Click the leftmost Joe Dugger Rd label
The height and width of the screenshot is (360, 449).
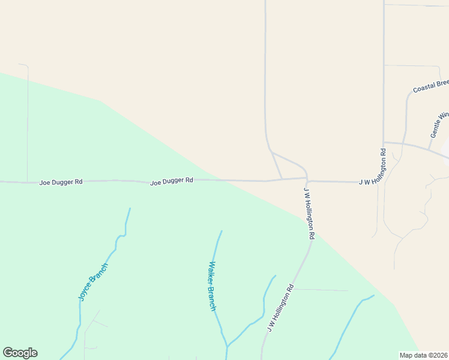pos(61,182)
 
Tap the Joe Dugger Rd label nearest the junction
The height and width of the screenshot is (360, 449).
pos(172,180)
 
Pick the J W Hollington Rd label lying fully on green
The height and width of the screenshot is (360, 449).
pos(280,308)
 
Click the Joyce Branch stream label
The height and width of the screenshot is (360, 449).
pos(93,281)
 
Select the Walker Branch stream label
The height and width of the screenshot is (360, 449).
pos(212,286)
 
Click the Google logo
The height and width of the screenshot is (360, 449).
pos(20,353)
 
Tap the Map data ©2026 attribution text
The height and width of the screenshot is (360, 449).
pos(424,355)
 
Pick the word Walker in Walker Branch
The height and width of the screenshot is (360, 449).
pos(211,274)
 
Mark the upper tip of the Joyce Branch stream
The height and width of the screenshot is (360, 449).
pos(130,209)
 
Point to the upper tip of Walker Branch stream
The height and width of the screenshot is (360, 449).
pos(221,231)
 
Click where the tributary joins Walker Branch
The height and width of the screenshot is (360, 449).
pos(228,346)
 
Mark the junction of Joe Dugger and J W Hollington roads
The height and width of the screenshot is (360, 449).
pos(307,180)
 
